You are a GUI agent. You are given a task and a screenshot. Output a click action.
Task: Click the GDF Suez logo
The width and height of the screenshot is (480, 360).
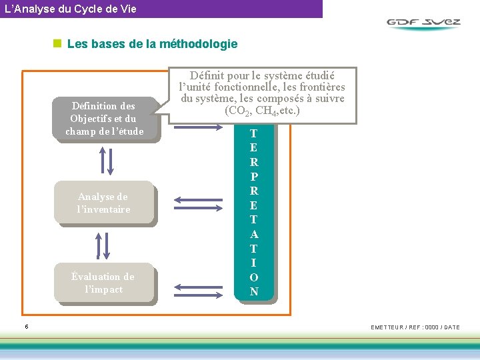point(423,23)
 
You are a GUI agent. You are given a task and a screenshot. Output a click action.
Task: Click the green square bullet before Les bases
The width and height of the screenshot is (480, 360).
point(57,44)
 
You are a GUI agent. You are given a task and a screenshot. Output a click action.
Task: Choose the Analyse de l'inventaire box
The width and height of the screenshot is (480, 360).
point(103,203)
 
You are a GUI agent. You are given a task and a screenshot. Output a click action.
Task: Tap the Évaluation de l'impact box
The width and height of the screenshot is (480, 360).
point(103,283)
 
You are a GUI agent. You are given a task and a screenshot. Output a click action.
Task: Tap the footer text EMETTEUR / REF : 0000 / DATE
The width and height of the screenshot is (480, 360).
point(415,327)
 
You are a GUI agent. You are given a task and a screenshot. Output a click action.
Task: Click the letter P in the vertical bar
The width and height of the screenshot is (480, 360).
point(254,177)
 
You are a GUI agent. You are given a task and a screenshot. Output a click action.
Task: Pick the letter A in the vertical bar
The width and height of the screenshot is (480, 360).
point(254,234)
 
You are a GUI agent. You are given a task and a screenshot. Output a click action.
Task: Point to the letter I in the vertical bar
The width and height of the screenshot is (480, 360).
point(254,263)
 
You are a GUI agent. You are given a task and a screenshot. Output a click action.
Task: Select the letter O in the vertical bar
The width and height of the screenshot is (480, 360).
point(254,277)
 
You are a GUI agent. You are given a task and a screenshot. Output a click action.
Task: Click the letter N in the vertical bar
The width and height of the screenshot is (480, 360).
point(254,291)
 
